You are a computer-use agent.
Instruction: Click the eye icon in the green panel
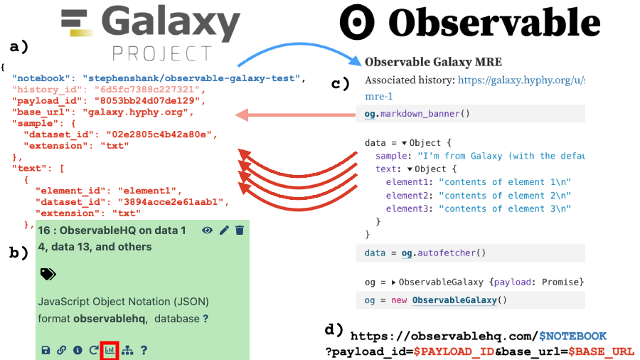208,230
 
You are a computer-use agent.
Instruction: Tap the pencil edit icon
225,230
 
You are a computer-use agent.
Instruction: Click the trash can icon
240,230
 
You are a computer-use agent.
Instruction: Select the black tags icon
48,274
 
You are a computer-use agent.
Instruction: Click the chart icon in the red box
110,350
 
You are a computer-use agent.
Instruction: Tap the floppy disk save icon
46,350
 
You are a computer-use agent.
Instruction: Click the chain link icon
62,350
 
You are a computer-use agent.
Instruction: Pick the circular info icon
78,350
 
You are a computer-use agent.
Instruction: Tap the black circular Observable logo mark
357,23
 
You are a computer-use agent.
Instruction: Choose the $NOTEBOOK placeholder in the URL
572,336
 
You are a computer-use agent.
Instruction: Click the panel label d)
334,329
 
